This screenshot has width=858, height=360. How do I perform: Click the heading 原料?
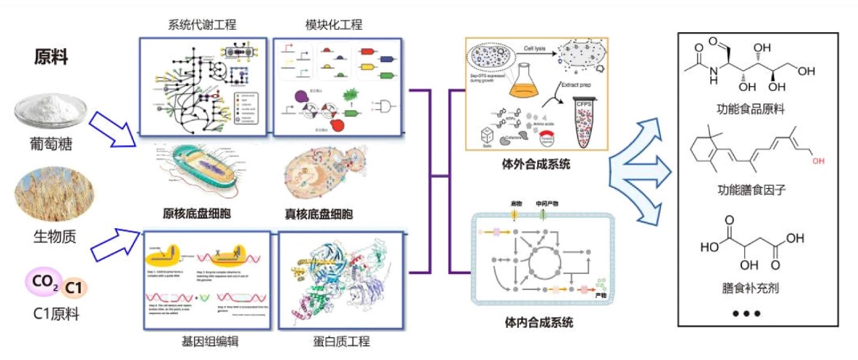point(52,59)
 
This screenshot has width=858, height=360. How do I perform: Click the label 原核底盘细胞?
point(199,214)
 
